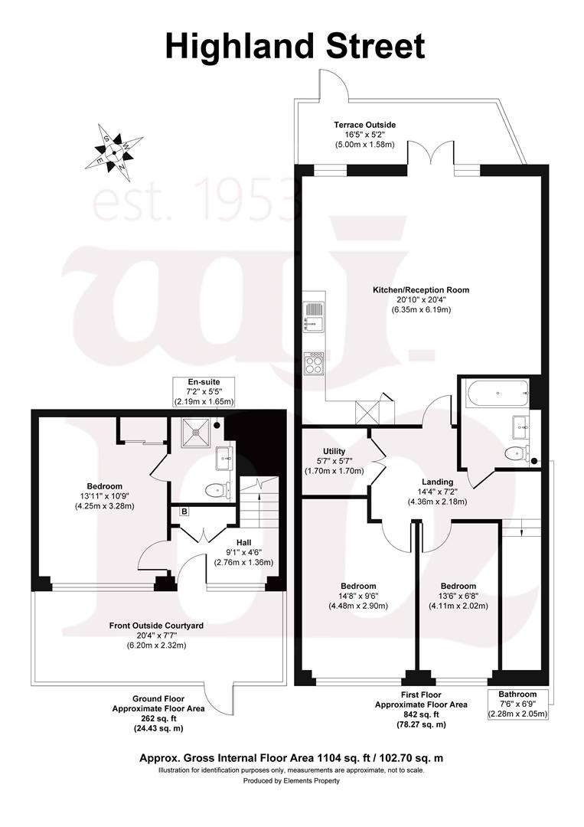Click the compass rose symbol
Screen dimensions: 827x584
[x=113, y=149]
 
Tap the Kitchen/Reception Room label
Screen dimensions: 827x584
[x=420, y=290]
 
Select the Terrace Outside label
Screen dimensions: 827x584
[x=364, y=124]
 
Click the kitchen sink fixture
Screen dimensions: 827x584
[x=314, y=315]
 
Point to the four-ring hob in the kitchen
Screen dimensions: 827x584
[x=314, y=362]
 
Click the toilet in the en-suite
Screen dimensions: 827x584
[x=218, y=489]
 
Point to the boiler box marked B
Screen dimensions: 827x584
[x=184, y=511]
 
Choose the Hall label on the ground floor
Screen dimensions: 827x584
[x=243, y=542]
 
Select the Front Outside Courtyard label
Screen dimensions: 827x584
[x=156, y=626]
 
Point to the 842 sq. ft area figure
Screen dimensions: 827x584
[x=420, y=714]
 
